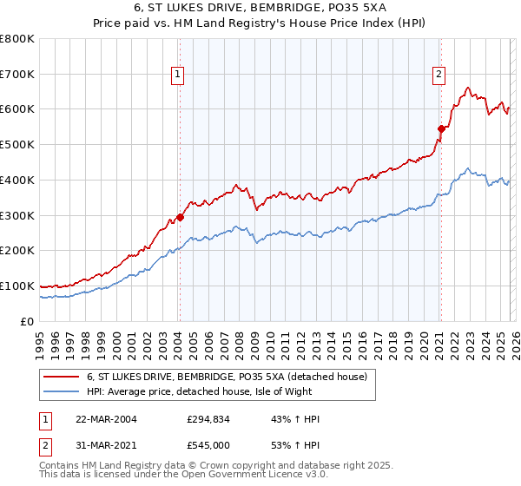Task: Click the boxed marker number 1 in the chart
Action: pyautogui.click(x=178, y=76)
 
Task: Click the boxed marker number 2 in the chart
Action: pyautogui.click(x=439, y=76)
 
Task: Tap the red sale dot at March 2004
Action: pyautogui.click(x=180, y=217)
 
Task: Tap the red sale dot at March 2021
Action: pyautogui.click(x=441, y=128)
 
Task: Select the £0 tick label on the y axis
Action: pyautogui.click(x=29, y=321)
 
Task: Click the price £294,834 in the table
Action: pyautogui.click(x=208, y=419)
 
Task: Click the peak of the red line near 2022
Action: pyautogui.click(x=468, y=87)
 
